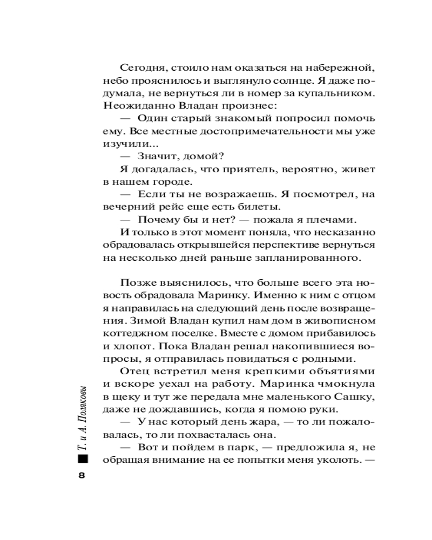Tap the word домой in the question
click(198, 157)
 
